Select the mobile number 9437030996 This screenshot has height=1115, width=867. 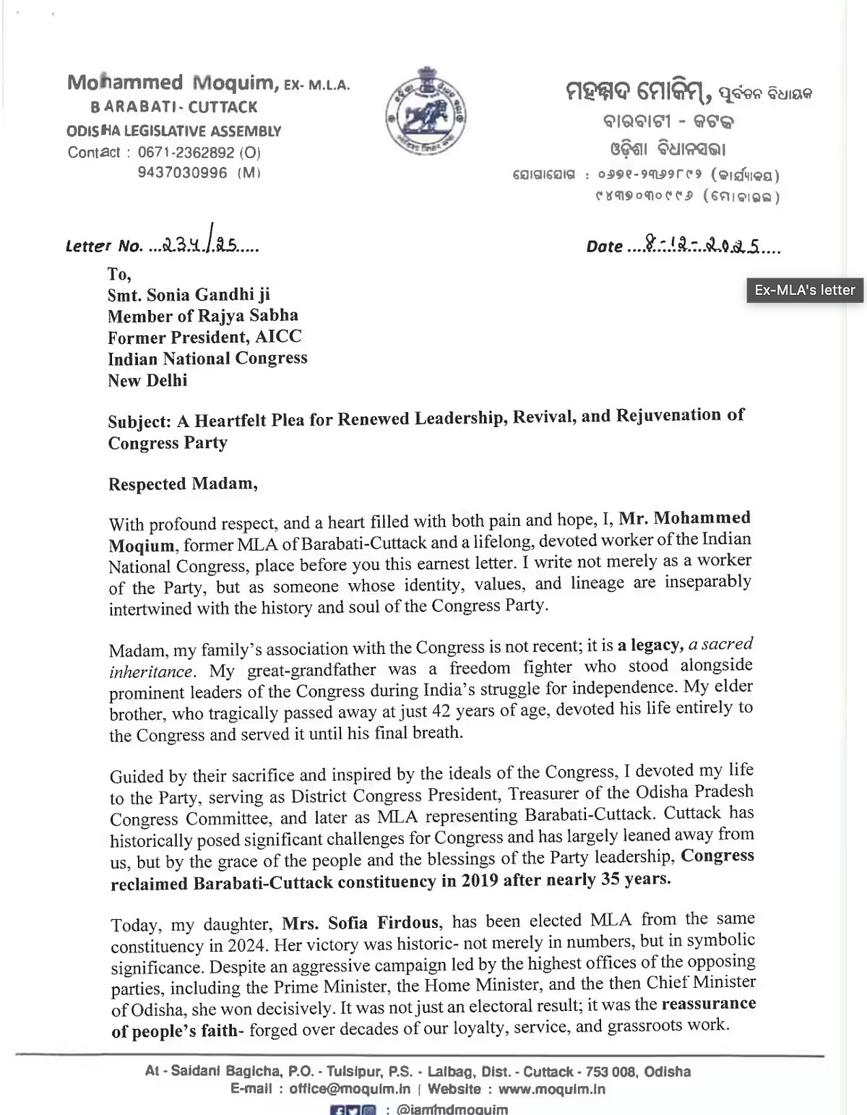(x=183, y=173)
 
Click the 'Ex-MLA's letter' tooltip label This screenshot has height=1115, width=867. (x=805, y=290)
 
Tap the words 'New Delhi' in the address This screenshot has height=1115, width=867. (x=147, y=380)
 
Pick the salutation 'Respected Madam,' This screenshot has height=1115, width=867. (x=183, y=483)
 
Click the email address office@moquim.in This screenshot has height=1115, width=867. (x=350, y=1089)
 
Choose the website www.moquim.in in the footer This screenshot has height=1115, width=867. (x=551, y=1089)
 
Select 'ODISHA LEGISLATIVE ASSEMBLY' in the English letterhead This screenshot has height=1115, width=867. (x=174, y=132)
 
